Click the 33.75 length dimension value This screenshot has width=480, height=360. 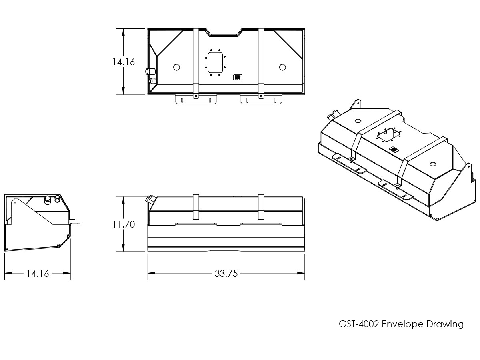point(226,274)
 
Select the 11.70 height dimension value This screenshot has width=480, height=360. point(124,224)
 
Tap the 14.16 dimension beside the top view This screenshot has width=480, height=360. point(124,62)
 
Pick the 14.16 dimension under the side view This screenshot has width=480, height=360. point(38,274)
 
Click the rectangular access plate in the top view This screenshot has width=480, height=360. point(215,62)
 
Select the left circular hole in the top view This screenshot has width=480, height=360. point(176,67)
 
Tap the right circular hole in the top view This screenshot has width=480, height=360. point(282,67)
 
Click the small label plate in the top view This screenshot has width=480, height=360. point(238,77)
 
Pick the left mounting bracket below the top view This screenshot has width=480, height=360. point(196,99)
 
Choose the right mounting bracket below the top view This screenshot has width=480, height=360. point(261,99)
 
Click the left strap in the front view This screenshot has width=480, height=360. point(196,207)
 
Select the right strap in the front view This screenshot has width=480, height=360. point(261,207)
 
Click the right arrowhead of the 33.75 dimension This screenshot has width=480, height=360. point(302,274)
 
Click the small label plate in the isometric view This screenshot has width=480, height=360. point(394,150)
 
